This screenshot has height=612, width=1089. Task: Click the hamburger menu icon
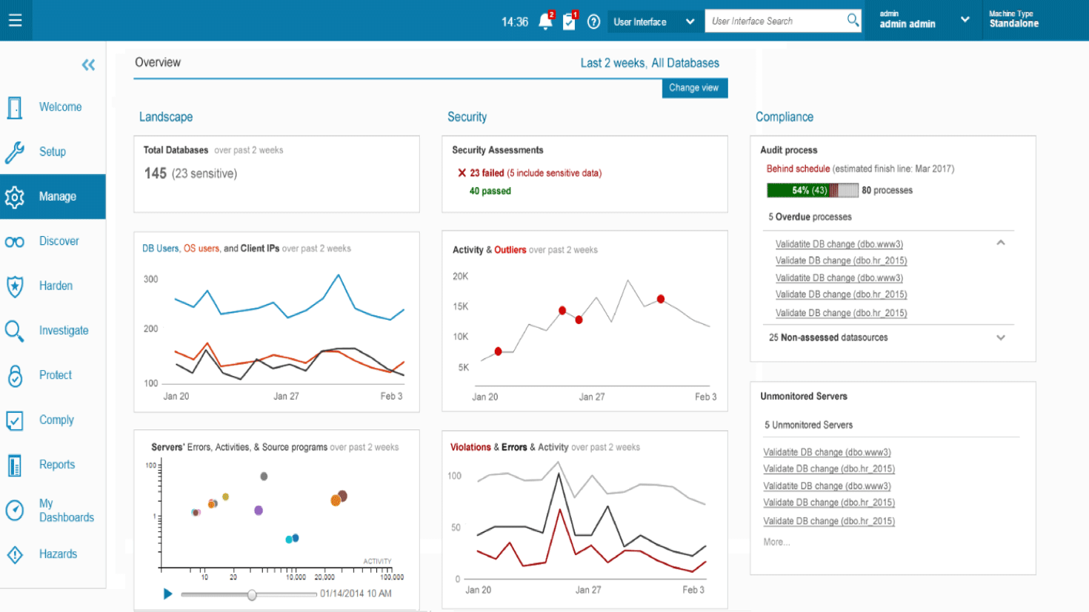tap(15, 21)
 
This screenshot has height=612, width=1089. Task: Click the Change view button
tap(694, 88)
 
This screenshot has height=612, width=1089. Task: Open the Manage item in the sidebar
tap(53, 197)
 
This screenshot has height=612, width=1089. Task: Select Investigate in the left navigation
tap(63, 331)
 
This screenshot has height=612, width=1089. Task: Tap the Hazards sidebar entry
tap(57, 554)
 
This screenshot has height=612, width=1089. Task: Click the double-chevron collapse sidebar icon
tap(88, 65)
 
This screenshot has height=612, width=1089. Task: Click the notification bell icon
tap(545, 21)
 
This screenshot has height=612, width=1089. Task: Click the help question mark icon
tap(593, 21)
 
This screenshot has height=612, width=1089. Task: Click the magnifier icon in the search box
tap(853, 21)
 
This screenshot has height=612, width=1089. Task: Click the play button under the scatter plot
tap(168, 593)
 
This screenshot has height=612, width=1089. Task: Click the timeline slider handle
tap(252, 594)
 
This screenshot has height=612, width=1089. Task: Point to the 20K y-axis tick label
tap(460, 276)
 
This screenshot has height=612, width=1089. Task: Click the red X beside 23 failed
tap(462, 173)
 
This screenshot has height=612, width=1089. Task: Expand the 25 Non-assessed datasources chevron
tap(1000, 337)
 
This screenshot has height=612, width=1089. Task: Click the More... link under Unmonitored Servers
tap(776, 542)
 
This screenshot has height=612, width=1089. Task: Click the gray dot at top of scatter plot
tap(264, 477)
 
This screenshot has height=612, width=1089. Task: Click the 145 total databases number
tap(155, 173)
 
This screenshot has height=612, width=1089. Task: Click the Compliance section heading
tap(784, 117)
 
